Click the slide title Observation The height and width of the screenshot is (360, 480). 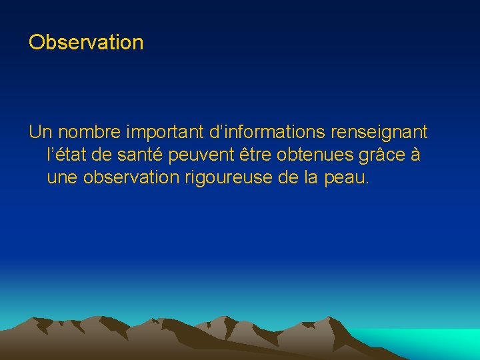pyautogui.click(x=86, y=43)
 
